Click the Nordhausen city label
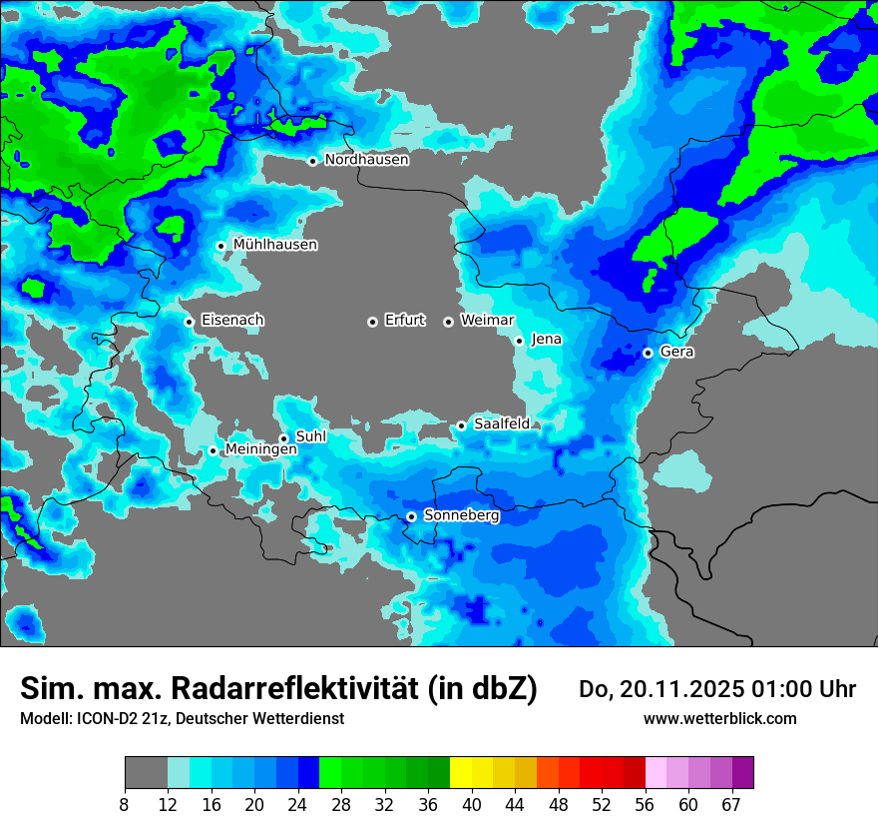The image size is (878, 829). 366,160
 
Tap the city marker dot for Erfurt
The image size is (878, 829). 372,322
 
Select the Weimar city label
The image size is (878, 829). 487,321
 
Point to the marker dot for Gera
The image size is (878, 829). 648,353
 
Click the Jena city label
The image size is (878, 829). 546,340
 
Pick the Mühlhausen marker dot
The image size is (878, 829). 220,246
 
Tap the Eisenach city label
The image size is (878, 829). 232,321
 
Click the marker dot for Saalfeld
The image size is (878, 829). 461,426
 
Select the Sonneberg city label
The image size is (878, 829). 461,515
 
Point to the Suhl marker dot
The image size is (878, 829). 283,438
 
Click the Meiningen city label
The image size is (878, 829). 260,450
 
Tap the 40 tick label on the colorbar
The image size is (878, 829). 472,805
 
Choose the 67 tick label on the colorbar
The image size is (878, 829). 731,805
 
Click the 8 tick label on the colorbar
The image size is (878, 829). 125,805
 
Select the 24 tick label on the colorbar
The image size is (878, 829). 298,805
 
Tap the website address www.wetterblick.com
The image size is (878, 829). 719,718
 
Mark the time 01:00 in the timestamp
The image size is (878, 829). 782,689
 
